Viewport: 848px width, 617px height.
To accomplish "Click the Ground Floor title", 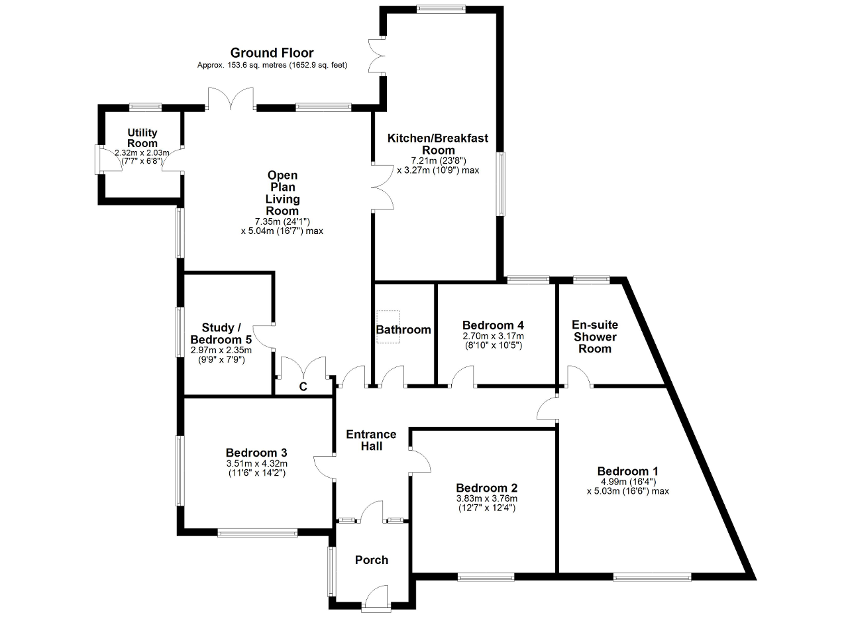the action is (272, 52).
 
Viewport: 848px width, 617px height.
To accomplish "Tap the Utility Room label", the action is (142, 138).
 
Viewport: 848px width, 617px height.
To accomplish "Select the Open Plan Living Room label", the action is (282, 193).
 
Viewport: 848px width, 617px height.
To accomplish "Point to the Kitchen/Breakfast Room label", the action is (438, 144).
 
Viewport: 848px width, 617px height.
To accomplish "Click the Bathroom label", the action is (403, 329).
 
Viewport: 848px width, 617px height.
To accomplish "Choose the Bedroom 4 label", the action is (493, 325).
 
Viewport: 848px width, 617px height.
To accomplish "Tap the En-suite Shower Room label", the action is (595, 337).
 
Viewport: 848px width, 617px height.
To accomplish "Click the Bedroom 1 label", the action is (627, 471).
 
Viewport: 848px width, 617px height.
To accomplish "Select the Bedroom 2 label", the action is (486, 488).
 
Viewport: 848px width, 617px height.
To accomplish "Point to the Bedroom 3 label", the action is (256, 453).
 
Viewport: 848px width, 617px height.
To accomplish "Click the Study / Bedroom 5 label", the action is (221, 333).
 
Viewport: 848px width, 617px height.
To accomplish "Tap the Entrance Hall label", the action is (371, 440).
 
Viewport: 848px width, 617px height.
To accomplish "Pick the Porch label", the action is (372, 560).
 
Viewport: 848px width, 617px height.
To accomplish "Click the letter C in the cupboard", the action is (303, 387).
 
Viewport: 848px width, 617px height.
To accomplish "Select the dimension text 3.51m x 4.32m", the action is (256, 463).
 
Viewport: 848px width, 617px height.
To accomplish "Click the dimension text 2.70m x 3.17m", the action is (493, 336).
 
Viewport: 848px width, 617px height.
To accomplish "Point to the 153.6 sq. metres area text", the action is (256, 65).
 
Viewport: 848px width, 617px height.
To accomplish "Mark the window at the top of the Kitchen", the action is (441, 9).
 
